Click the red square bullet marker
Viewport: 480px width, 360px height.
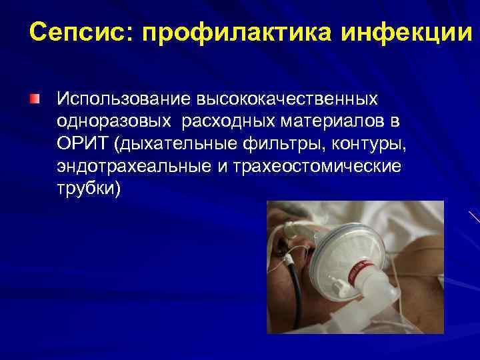[x=34, y=99]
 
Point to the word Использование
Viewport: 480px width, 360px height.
[x=124, y=99]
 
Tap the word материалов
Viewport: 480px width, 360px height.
[x=333, y=121]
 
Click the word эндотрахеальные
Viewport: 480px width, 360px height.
[x=133, y=166]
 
